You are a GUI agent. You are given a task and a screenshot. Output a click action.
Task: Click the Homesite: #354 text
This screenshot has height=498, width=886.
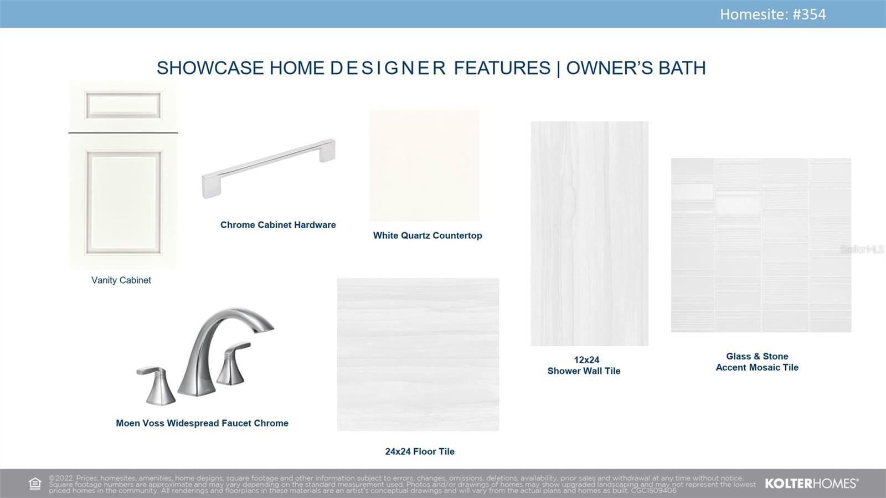(772, 14)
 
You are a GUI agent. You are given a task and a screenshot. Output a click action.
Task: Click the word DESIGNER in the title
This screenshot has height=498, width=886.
(388, 68)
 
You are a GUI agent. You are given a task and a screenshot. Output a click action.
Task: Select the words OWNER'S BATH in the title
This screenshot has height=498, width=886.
(636, 68)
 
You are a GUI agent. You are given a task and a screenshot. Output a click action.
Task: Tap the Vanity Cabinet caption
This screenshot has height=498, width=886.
(121, 280)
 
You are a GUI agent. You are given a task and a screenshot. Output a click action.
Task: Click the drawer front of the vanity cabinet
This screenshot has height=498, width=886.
(123, 106)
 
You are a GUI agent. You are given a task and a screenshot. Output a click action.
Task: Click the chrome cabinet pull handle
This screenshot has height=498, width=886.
(269, 168)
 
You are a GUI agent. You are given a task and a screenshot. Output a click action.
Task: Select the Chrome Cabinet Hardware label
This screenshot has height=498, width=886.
(278, 225)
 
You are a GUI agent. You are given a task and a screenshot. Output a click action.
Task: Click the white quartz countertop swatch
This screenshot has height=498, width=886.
(424, 165)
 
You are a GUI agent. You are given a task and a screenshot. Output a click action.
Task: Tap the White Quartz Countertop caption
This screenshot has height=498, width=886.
(427, 235)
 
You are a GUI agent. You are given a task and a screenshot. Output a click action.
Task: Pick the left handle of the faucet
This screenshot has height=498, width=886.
(157, 386)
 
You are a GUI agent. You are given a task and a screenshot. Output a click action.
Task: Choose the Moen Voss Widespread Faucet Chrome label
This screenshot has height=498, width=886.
(202, 423)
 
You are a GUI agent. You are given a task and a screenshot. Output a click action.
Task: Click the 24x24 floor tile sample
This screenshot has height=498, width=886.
(418, 355)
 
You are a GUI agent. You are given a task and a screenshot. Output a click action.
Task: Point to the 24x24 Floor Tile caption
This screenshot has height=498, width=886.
(420, 451)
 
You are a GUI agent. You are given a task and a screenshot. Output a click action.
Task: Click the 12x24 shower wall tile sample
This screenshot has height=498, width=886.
(589, 233)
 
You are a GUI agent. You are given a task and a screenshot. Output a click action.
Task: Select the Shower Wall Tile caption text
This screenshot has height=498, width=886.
(584, 371)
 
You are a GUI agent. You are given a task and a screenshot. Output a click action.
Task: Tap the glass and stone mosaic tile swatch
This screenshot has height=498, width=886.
(761, 245)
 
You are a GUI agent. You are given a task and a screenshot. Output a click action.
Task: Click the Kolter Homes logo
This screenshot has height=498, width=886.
(812, 484)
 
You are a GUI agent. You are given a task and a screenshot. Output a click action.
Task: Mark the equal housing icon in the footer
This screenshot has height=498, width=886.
(35, 484)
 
